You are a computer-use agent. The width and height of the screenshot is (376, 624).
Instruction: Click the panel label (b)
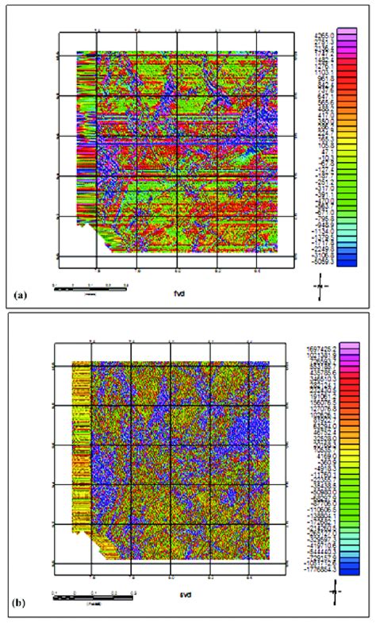click(x=21, y=603)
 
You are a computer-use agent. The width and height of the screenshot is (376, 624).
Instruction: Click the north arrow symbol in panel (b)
click(x=335, y=590)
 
